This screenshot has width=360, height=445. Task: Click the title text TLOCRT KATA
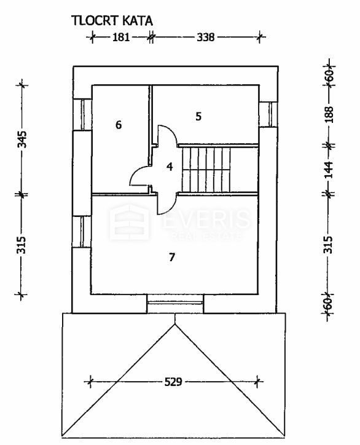tap(112, 21)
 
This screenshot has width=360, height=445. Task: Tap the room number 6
tap(119, 125)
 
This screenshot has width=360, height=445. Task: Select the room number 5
tap(198, 116)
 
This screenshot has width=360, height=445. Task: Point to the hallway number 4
tap(170, 167)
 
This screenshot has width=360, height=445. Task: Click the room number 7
tap(172, 258)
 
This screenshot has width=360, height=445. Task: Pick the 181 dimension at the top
tap(121, 37)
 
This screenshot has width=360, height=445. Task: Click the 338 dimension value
tap(206, 37)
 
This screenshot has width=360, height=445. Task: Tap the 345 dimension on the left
tap(22, 139)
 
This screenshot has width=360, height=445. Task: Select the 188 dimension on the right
tap(329, 115)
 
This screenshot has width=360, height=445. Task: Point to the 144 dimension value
tap(329, 170)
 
